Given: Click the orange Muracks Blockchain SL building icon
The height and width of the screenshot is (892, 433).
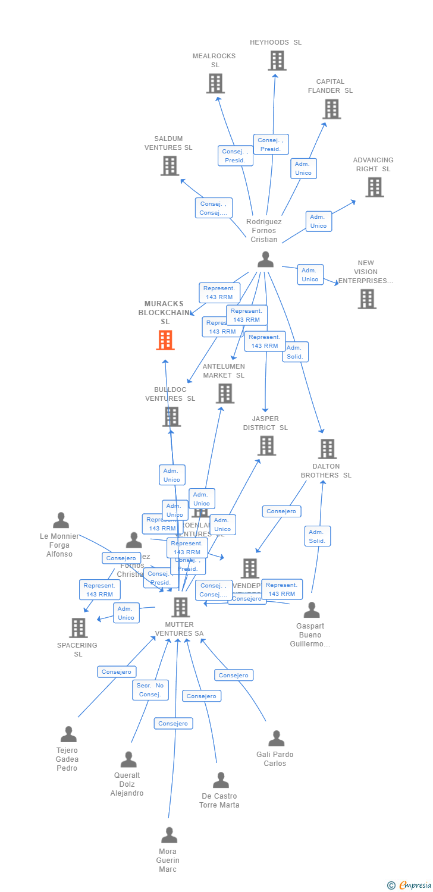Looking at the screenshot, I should (165, 340).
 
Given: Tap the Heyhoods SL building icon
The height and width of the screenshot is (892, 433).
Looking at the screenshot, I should (277, 61).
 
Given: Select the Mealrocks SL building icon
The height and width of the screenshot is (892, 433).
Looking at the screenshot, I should (215, 83).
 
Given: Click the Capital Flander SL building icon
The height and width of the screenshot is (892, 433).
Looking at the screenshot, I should (331, 109).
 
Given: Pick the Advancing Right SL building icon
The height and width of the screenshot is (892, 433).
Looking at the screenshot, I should (374, 187).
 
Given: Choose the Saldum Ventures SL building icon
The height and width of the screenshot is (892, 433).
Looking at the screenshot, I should (170, 165).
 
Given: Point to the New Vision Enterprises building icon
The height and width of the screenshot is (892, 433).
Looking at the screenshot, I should (367, 299).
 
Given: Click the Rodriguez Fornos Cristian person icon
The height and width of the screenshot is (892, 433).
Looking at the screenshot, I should (265, 259).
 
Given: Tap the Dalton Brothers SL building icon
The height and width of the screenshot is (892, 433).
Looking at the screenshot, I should (327, 449).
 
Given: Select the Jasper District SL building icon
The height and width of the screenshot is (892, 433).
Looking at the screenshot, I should (266, 445).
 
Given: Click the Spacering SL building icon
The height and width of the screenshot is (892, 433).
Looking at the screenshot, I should (79, 628).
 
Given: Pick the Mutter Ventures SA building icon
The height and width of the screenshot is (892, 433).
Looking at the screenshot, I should (180, 607).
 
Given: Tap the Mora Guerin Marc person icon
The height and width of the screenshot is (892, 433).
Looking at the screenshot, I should (169, 835).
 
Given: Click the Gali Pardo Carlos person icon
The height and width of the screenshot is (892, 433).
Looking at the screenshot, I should (276, 738).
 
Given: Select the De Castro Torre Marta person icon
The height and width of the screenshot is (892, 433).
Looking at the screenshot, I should (221, 780).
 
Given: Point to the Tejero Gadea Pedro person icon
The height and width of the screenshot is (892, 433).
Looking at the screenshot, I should (68, 734).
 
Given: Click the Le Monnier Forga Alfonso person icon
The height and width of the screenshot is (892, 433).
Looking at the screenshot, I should (61, 520).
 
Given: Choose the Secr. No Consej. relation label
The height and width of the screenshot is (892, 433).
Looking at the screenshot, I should (150, 690).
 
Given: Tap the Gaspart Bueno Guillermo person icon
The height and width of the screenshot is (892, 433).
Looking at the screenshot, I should (311, 610).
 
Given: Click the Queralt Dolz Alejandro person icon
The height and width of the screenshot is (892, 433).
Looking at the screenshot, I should (128, 759).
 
